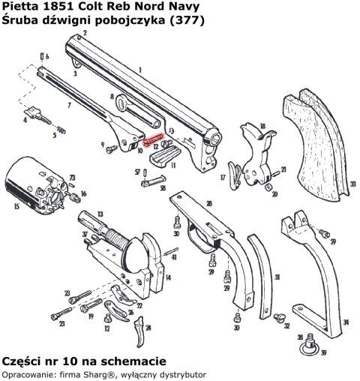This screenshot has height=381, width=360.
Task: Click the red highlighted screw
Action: (x=151, y=141)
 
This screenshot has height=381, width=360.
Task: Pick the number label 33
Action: (x=353, y=182)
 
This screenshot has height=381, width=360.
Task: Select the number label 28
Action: (x=208, y=204)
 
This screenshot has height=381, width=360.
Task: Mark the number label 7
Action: (x=69, y=106)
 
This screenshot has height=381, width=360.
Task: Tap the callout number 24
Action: (x=148, y=328)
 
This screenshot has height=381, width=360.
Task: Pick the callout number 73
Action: (x=73, y=177)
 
